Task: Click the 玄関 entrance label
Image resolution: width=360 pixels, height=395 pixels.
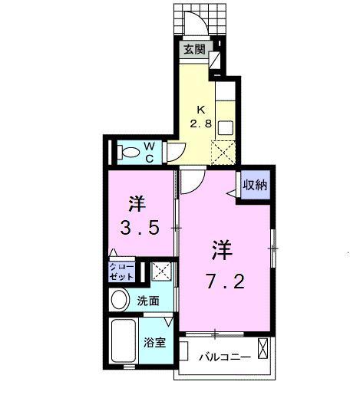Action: click(x=194, y=51)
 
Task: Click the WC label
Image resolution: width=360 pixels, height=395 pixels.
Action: click(x=150, y=151)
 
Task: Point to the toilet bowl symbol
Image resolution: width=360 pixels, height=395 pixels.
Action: click(x=126, y=152)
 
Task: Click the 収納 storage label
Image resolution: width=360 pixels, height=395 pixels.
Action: click(x=255, y=184)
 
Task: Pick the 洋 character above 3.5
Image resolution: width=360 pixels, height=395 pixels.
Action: click(x=137, y=204)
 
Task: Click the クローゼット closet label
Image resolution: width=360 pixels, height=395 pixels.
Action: click(x=121, y=272)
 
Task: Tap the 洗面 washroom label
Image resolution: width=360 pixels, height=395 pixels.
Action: click(x=149, y=301)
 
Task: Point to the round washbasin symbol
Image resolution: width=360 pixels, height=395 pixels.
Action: click(x=121, y=301)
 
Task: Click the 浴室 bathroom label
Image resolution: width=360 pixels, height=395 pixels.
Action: click(x=155, y=343)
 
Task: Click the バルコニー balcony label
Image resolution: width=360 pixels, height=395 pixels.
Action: click(x=223, y=357)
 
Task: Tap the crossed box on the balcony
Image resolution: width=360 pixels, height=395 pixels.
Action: click(x=263, y=351)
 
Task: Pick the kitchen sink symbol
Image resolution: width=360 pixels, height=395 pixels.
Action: click(x=226, y=127)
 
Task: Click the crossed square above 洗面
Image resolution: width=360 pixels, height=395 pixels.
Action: click(x=161, y=272)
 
